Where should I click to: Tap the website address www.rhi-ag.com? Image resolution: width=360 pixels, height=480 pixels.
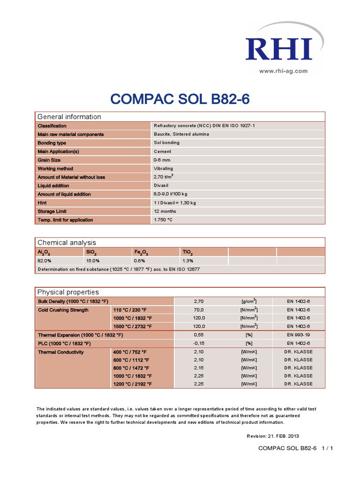click(283, 71)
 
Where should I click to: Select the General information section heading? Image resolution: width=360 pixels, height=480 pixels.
click(69, 117)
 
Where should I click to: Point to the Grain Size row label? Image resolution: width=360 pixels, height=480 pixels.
click(50, 160)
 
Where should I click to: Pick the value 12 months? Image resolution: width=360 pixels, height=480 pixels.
click(165, 211)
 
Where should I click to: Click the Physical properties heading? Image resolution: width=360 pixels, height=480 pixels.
click(68, 292)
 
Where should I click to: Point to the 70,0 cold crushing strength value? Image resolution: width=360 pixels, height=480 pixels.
click(199, 310)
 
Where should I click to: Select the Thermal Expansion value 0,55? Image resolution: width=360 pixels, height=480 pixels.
click(199, 335)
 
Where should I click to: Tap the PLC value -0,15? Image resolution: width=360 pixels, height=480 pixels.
click(199, 344)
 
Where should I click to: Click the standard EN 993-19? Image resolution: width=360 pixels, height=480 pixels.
click(298, 335)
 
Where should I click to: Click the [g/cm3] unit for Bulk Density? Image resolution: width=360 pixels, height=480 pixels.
click(248, 301)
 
